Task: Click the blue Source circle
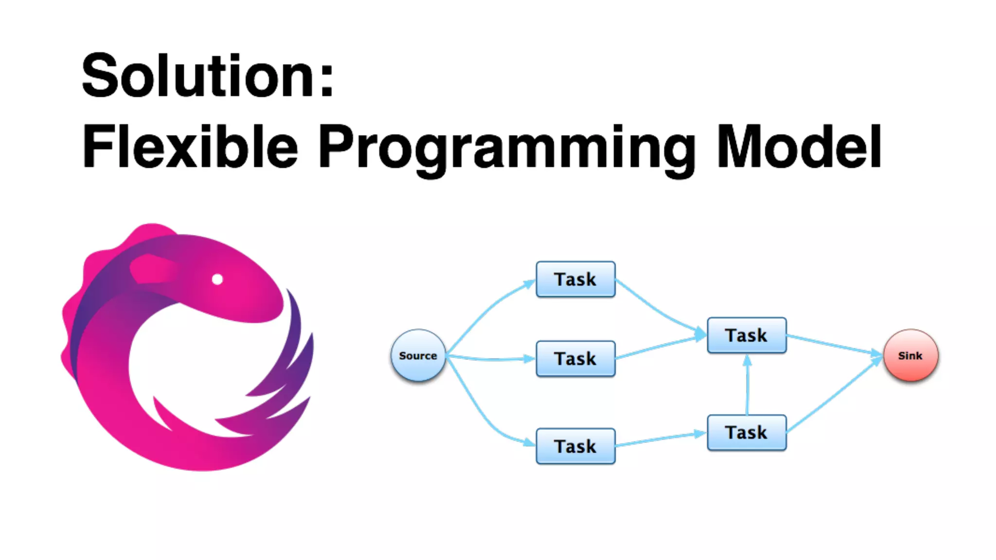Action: click(418, 355)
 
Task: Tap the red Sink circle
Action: click(910, 355)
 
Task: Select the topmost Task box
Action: click(575, 280)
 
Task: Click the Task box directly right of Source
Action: click(575, 359)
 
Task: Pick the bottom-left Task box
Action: click(575, 446)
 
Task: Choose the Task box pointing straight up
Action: click(747, 432)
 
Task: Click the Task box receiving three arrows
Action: click(747, 335)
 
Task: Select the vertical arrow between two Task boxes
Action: click(747, 384)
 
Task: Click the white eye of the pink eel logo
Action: click(217, 279)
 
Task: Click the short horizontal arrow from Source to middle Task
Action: click(491, 359)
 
